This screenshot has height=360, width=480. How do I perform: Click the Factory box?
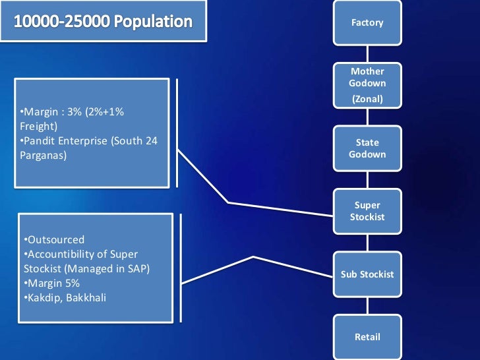[x=367, y=23]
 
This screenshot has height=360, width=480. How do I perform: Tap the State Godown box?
[x=367, y=148]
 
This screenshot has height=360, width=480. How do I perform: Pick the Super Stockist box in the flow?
[x=367, y=211]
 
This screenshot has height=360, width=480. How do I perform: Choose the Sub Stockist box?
[x=367, y=274]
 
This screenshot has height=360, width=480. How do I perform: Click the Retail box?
[x=367, y=337]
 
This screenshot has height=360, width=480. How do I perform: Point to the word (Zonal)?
[x=367, y=100]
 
